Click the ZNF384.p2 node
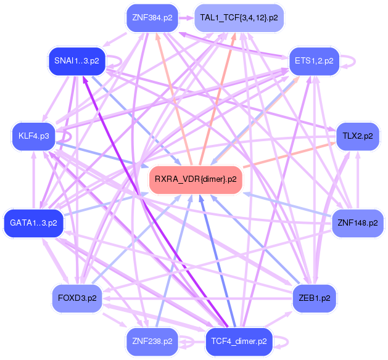152,18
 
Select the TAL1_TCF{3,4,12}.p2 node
239,18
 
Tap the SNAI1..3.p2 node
76,61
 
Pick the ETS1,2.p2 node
314,61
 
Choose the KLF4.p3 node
34,136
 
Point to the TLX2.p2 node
358,136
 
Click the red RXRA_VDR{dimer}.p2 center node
196,179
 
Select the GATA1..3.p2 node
34,223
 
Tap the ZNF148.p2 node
358,223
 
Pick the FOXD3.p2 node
77,298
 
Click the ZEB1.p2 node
314,298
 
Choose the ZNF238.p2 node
152,342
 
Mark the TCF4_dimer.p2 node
239,342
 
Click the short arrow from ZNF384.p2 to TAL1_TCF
186,18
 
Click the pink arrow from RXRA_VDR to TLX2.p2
289,155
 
